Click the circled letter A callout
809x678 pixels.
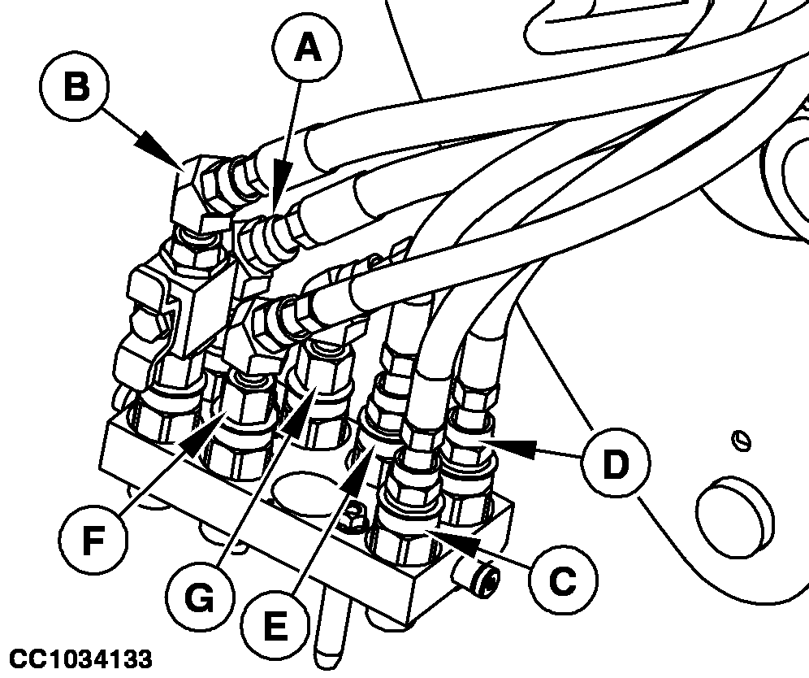point(305,50)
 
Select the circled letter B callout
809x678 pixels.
point(76,87)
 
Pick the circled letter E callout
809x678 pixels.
point(275,626)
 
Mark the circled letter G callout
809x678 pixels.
point(198,599)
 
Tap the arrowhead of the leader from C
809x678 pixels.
point(443,535)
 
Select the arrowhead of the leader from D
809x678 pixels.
point(482,443)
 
